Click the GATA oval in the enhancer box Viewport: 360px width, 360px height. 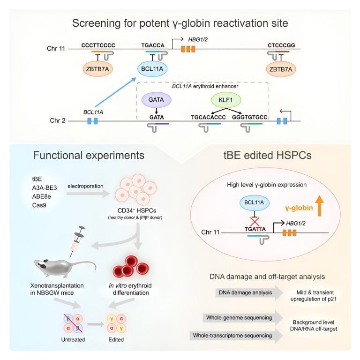pyautogui.click(x=156, y=100)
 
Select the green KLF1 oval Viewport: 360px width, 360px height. pyautogui.click(x=226, y=100)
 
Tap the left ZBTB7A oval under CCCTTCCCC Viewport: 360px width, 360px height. pyautogui.click(x=97, y=69)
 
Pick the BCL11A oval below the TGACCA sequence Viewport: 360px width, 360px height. pyautogui.click(x=152, y=69)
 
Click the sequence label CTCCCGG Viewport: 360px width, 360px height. pyautogui.click(x=281, y=45)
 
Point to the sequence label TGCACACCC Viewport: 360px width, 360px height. pyautogui.click(x=209, y=117)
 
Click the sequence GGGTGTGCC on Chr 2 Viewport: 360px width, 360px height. pyautogui.click(x=250, y=117)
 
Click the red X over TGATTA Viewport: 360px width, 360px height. pyautogui.click(x=255, y=222)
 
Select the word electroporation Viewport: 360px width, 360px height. pyautogui.click(x=85, y=186)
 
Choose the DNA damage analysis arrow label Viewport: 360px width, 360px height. pyautogui.click(x=245, y=292)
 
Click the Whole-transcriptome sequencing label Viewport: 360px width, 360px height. pyautogui.click(x=232, y=336)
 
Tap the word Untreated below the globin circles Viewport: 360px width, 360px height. pyautogui.click(x=73, y=339)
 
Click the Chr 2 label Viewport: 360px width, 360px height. pyautogui.click(x=58, y=120)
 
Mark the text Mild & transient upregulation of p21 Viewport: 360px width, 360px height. pyautogui.click(x=314, y=296)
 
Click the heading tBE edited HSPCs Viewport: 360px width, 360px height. pyautogui.click(x=268, y=155)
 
